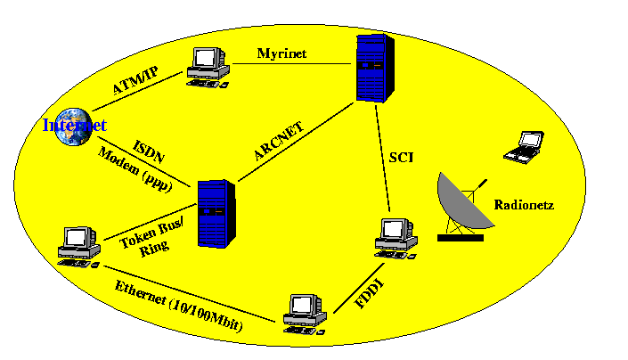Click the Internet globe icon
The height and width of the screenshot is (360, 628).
tap(69, 124)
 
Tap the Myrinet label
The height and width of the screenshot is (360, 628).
tap(281, 53)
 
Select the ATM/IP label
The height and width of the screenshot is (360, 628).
tap(135, 80)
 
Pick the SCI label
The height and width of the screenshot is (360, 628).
tap(399, 159)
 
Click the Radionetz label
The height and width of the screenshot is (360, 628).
tap(524, 205)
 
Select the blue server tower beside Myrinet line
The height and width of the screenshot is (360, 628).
tap(373, 68)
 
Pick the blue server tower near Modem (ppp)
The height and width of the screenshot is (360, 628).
tap(214, 214)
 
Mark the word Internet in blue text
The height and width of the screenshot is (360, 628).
tap(75, 126)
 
